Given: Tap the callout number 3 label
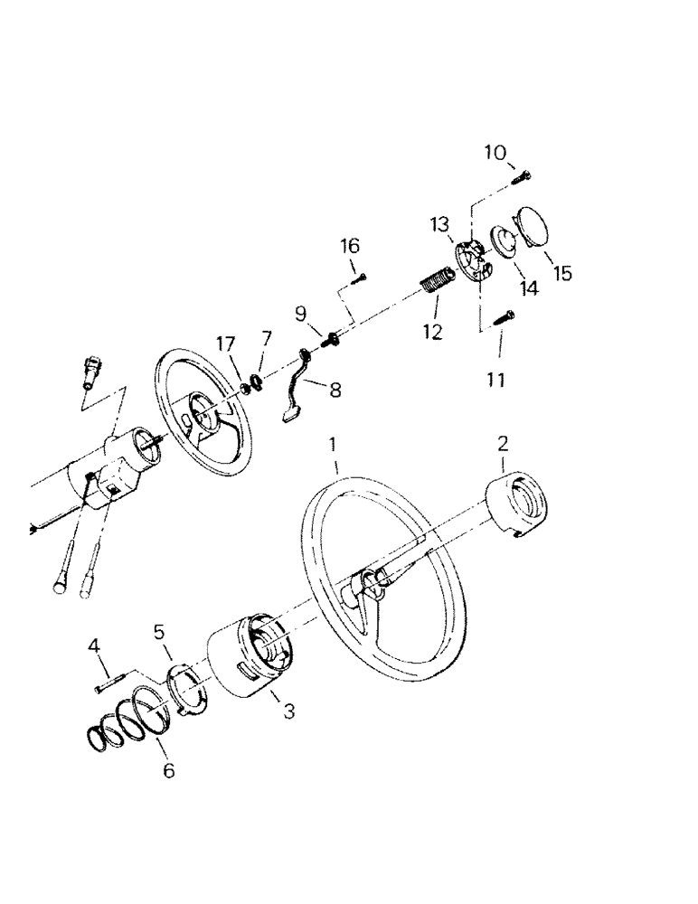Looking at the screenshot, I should click(288, 711).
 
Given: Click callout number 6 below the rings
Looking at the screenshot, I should click(169, 771).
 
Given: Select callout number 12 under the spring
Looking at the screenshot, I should click(431, 332).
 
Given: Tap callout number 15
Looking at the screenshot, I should click(562, 272).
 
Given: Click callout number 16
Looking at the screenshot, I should click(350, 245).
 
